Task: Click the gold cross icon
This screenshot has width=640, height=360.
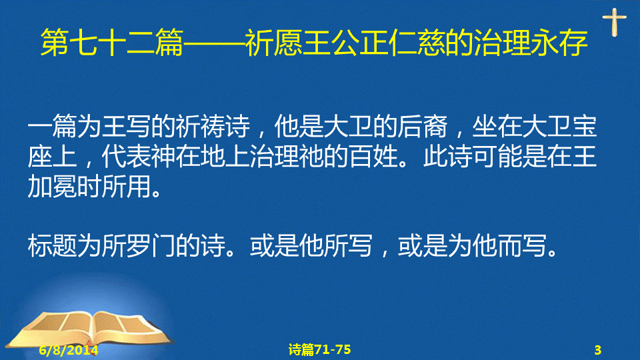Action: (614, 22)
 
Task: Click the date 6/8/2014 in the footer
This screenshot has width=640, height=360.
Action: (69, 350)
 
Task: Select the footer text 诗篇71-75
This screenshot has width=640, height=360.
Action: (319, 349)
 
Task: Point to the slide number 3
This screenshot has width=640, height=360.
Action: (597, 350)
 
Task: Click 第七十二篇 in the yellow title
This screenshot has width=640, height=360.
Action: (112, 43)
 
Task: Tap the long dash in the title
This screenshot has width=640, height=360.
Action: (214, 43)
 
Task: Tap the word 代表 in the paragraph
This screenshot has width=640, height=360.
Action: (126, 157)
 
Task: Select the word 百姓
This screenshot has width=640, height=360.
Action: (373, 157)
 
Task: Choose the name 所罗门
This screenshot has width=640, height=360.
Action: (139, 246)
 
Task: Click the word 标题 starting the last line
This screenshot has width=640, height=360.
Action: (52, 246)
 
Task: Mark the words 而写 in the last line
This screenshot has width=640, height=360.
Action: (521, 246)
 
